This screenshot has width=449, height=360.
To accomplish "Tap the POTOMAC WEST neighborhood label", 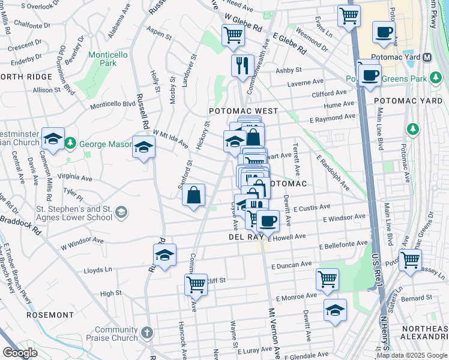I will point(243,112).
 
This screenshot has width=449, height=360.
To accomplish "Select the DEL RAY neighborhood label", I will point(247,237).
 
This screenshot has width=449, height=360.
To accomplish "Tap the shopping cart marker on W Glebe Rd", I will point(232,35).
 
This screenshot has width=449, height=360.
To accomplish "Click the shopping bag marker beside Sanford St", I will point(194,196).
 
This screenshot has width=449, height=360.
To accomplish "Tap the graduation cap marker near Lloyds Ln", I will point(164,255).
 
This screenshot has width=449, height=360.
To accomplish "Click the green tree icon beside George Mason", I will point(71,143).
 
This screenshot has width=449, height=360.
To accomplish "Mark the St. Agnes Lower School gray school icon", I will point(121,212).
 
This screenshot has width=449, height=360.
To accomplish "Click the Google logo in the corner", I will point(20,353).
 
